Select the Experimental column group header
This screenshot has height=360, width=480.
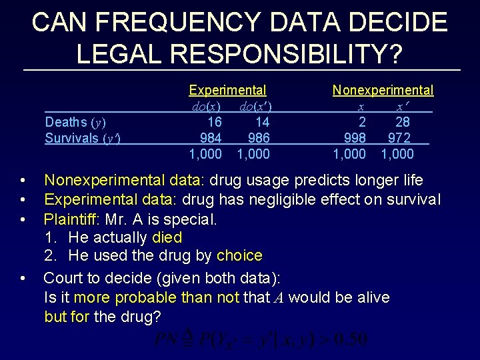pyautogui.click(x=227, y=90)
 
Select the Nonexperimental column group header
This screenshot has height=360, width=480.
pyautogui.click(x=383, y=90)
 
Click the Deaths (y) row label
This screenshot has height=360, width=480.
pyautogui.click(x=75, y=122)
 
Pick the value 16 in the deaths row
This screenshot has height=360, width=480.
pyautogui.click(x=215, y=122)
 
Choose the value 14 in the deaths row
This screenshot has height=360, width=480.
pyautogui.click(x=262, y=122)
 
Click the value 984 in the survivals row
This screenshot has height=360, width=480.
pyautogui.click(x=211, y=138)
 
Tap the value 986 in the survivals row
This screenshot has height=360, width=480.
pyautogui.click(x=259, y=138)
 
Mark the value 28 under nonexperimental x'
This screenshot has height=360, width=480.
pyautogui.click(x=402, y=122)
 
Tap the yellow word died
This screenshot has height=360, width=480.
pyautogui.click(x=167, y=237)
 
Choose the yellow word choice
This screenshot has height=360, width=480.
pyautogui.click(x=239, y=256)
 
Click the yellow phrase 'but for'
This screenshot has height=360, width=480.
pyautogui.click(x=67, y=316)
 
